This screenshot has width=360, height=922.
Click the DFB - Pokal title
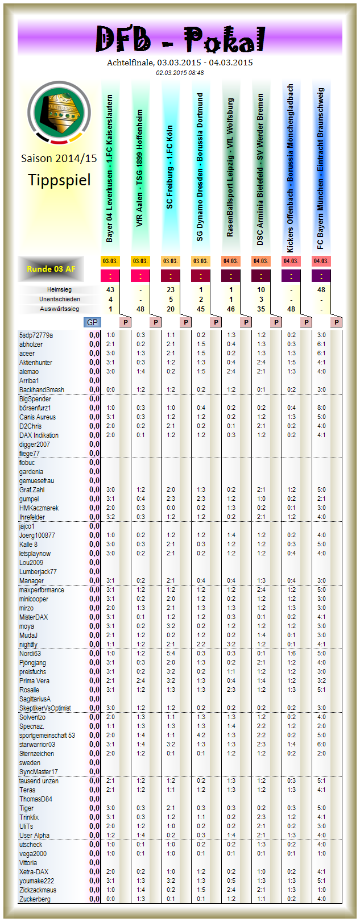[180, 40]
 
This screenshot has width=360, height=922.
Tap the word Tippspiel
[60, 180]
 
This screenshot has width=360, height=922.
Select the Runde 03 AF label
[51, 269]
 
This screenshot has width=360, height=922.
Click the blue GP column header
[92, 322]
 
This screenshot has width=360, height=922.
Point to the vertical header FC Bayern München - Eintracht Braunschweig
[321, 168]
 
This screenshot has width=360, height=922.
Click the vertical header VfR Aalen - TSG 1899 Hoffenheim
[140, 168]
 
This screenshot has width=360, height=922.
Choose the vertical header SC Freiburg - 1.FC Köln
[170, 167]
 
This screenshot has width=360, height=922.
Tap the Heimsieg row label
[60, 290]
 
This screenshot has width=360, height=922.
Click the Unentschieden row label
[60, 300]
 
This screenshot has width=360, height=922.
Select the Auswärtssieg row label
[60, 309]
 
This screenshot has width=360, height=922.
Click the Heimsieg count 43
[110, 290]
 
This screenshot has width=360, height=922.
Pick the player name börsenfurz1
[35, 408]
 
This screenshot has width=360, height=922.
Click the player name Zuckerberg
[35, 899]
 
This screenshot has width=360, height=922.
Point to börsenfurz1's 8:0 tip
[321, 408]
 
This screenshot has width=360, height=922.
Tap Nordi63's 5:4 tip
[171, 654]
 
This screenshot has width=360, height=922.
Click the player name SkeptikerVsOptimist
[45, 708]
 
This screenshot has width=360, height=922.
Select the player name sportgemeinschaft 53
[47, 736]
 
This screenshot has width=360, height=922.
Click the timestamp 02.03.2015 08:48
[180, 73]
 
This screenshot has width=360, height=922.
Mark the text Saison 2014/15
[59, 159]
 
